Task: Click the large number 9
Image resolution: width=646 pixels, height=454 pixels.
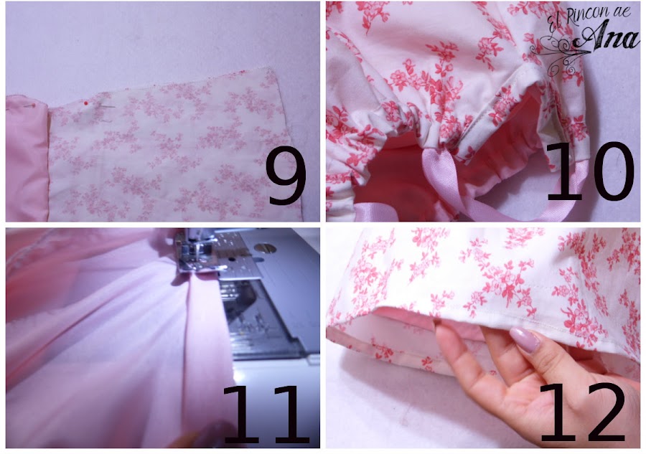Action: [x=285, y=180]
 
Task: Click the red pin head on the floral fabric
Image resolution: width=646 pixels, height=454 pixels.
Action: [x=87, y=105]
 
